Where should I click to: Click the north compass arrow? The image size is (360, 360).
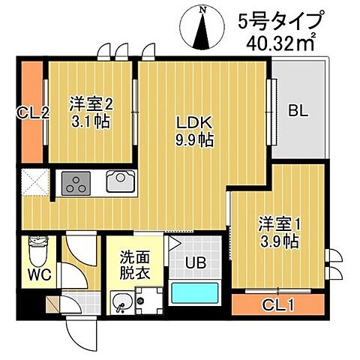tap(203, 28)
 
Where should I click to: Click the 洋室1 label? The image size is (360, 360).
tap(279, 223)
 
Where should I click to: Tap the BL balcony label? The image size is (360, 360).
tap(298, 112)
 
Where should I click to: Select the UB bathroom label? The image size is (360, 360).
tap(196, 263)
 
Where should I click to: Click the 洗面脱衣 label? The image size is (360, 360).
tap(135, 264)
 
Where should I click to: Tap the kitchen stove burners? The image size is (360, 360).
tap(76, 183)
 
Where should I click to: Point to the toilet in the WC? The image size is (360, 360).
tap(34, 247)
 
